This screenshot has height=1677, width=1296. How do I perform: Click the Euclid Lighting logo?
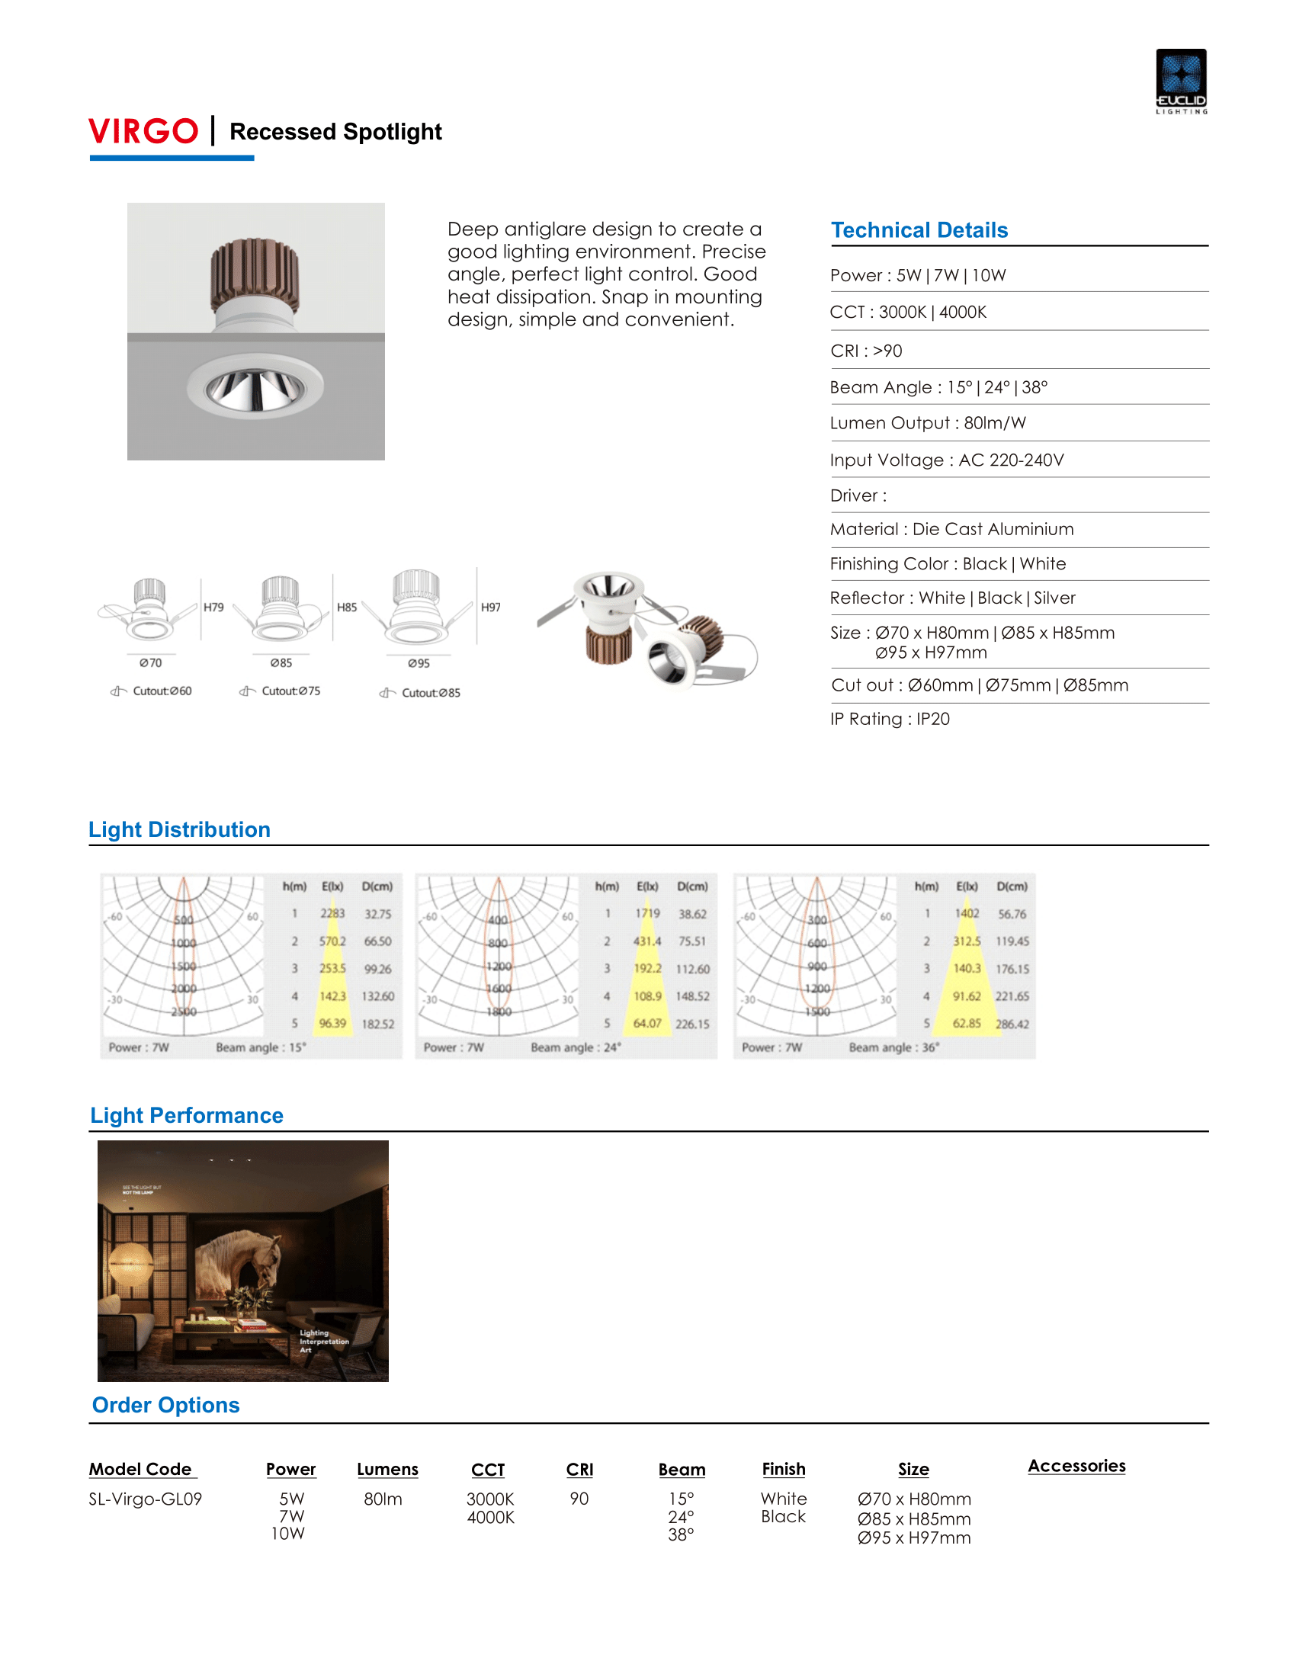pyautogui.click(x=1181, y=81)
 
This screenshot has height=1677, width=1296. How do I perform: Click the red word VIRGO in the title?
pyautogui.click(x=143, y=131)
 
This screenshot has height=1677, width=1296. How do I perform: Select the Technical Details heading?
pyautogui.click(x=919, y=230)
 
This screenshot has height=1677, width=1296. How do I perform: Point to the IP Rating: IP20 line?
pyautogui.click(x=890, y=719)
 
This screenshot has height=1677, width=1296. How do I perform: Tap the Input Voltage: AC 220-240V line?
pyautogui.click(x=947, y=460)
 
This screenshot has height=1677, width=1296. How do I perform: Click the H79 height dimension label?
pyautogui.click(x=213, y=608)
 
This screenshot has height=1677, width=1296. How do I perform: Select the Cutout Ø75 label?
pyautogui.click(x=290, y=691)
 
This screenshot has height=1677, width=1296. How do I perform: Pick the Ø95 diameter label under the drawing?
pyautogui.click(x=419, y=662)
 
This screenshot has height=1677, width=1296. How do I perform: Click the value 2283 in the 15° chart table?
pyautogui.click(x=332, y=914)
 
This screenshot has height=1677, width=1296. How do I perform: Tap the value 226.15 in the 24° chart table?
pyautogui.click(x=692, y=1024)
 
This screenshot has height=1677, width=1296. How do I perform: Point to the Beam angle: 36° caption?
pyautogui.click(x=893, y=1047)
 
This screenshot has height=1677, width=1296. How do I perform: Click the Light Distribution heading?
pyautogui.click(x=180, y=829)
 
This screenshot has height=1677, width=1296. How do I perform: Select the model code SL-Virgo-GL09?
pyautogui.click(x=145, y=1499)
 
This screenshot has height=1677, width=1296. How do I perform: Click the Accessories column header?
pyautogui.click(x=1076, y=1466)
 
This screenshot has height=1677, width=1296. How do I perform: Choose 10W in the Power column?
pyautogui.click(x=289, y=1534)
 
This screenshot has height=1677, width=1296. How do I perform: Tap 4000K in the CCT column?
pyautogui.click(x=491, y=1517)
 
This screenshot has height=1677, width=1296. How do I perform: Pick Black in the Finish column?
pyautogui.click(x=783, y=1516)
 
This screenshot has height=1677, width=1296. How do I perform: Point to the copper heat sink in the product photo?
pyautogui.click(x=255, y=274)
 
